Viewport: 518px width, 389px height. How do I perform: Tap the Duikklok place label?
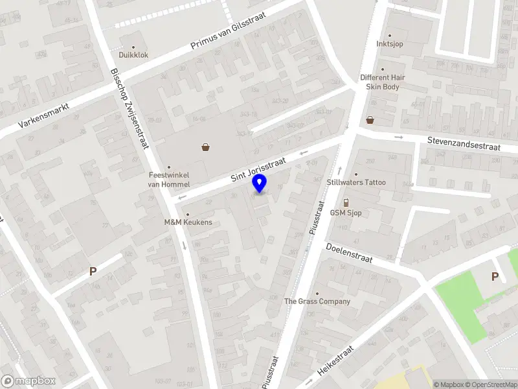133,55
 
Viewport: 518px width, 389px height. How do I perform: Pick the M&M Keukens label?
188,222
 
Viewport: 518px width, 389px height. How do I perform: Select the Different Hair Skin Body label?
382,82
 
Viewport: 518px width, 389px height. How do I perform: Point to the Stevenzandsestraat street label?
464,143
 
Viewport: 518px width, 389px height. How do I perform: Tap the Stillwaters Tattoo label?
356,182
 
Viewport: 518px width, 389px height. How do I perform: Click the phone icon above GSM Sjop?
346,202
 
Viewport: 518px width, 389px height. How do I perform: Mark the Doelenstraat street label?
350,252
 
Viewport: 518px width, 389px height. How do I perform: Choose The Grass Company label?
317,301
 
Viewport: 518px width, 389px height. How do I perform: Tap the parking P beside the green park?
495,277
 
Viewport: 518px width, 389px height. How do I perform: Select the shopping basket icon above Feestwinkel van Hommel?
205,147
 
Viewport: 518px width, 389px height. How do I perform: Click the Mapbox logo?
28,381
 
